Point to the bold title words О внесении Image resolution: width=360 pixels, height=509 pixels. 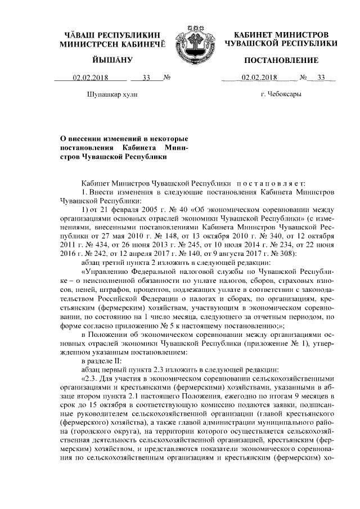[x=92, y=138]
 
